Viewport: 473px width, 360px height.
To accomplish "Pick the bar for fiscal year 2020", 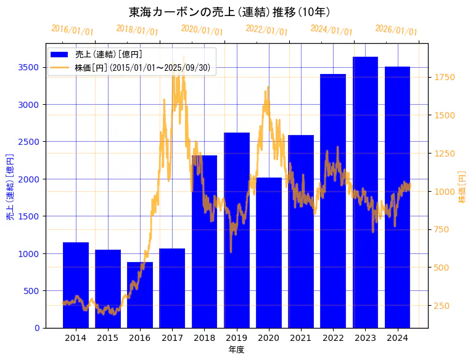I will (x=268, y=253).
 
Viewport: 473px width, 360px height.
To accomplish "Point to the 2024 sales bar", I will (x=397, y=197).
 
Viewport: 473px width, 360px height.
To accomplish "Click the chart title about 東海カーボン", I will (x=229, y=12).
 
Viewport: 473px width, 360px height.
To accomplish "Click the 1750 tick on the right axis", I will (x=444, y=77).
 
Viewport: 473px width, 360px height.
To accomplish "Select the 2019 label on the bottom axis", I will (x=236, y=338).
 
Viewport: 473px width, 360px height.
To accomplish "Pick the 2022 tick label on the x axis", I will (x=333, y=338).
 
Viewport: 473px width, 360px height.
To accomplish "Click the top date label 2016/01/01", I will (x=72, y=30).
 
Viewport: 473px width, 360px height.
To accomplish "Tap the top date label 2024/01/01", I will (x=331, y=30).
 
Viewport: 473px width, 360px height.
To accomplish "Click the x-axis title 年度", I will (x=236, y=350).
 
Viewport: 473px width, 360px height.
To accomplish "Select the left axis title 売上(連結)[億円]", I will (x=10, y=186).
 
